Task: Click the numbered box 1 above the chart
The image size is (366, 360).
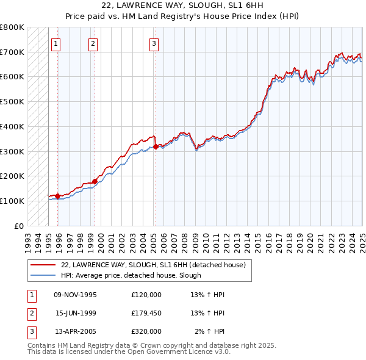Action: [x=56, y=43]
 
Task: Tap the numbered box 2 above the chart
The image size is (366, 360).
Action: [x=93, y=43]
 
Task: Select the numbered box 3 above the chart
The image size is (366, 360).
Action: [x=154, y=43]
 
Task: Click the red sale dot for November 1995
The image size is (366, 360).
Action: [x=57, y=196]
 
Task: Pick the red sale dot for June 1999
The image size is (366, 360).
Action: [x=95, y=181]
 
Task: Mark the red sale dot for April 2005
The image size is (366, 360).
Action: [x=156, y=146]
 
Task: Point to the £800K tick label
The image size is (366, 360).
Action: [x=12, y=27]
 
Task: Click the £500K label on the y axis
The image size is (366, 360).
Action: [x=12, y=102]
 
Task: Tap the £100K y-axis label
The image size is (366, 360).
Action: [x=12, y=201]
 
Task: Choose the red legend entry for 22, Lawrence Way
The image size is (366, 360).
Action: [x=153, y=265]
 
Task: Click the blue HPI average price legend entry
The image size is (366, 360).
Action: [x=131, y=275]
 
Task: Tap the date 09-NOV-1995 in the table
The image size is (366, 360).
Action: [x=76, y=295]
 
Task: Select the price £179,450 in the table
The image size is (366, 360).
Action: [x=146, y=313]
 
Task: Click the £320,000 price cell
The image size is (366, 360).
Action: [x=146, y=331]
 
